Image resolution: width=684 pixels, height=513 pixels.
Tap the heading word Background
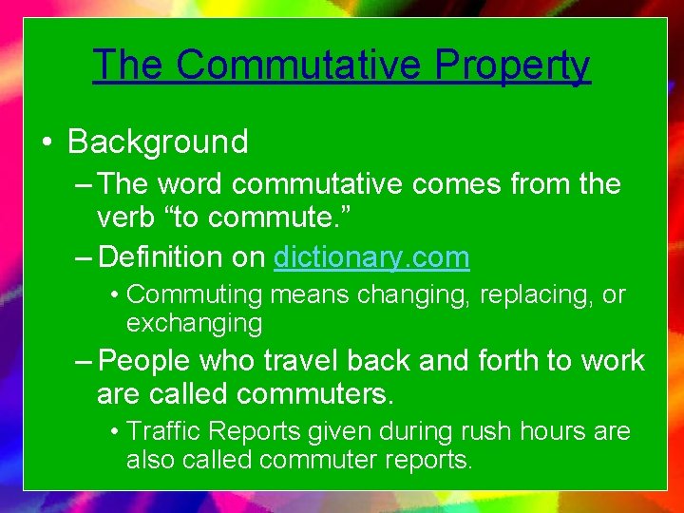pyautogui.click(x=158, y=142)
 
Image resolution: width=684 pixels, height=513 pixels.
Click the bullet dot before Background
pyautogui.click(x=46, y=143)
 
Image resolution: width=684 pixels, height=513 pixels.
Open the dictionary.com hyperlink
pyautogui.click(x=371, y=256)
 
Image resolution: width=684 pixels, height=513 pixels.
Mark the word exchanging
pyautogui.click(x=194, y=324)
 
